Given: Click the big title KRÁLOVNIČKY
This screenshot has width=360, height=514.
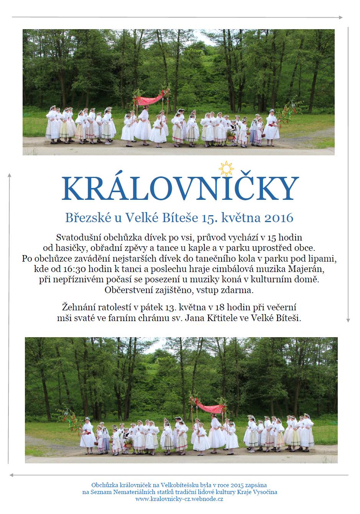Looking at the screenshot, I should (x=180, y=189).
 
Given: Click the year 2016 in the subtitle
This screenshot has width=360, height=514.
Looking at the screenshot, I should (x=279, y=218).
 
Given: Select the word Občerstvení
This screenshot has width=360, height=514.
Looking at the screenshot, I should (x=130, y=290).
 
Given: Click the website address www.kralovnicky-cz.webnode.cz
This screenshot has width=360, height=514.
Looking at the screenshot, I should (x=179, y=499).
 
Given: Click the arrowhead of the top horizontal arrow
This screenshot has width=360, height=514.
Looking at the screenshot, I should (x=340, y=17).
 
